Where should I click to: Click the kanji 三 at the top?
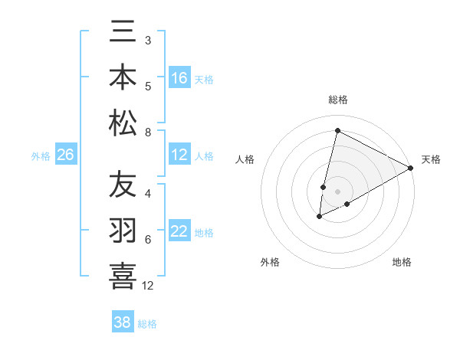[x=123, y=36]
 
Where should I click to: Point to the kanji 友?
[x=123, y=185]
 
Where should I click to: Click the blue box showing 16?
[x=179, y=78]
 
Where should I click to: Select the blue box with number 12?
[x=179, y=155]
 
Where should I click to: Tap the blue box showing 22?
[x=179, y=232]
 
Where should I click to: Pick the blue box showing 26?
[x=65, y=155]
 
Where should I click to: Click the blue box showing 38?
[x=122, y=323]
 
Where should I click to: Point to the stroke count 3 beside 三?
[x=147, y=40]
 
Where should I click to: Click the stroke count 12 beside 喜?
[x=148, y=286]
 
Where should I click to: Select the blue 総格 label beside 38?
[x=147, y=324]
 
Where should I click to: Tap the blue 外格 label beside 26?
[x=41, y=156]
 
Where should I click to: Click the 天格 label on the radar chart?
[x=431, y=160]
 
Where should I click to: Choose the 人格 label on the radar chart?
[x=245, y=160]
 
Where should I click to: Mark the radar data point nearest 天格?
[x=411, y=169]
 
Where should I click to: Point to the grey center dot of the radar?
[x=337, y=192]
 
